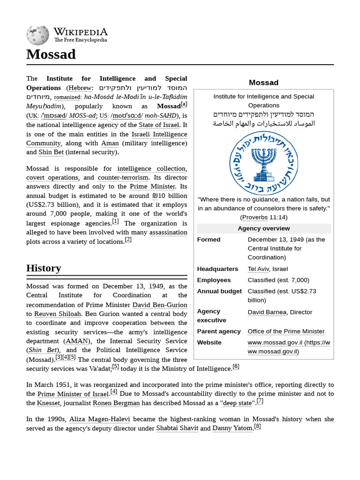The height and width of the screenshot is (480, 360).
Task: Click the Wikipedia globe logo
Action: coord(37,36)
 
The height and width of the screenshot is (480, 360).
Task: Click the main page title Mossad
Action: coord(51,54)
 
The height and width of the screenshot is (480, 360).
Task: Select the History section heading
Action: coord(44,268)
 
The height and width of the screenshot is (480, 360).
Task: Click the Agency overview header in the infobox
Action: coord(263,228)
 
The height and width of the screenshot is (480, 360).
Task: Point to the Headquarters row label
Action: coord(217,269)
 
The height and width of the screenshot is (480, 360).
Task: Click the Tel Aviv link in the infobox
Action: coord(258,269)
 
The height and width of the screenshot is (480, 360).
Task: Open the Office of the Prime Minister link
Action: coord(286,331)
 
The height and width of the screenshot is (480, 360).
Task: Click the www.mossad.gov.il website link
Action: coord(288,347)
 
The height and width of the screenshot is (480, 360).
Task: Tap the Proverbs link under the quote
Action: coord(255,217)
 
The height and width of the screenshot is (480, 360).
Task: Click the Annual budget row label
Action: coord(219,291)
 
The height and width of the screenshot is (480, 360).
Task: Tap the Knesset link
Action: coord(49,403)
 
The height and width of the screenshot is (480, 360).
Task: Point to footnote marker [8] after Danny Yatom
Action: coord(257,427)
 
